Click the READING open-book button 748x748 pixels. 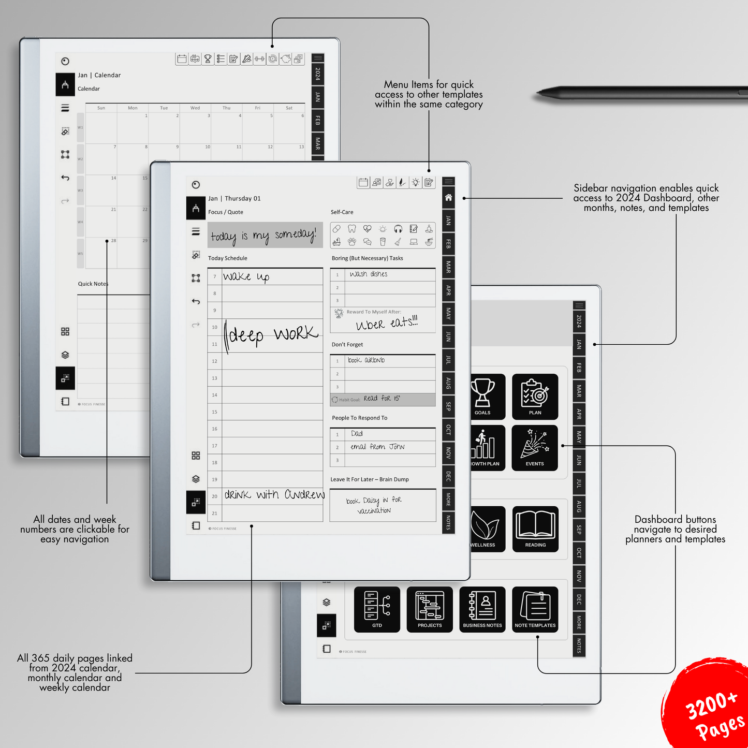(535, 529)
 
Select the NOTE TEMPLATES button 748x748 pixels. (535, 609)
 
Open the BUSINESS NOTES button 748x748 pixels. (482, 609)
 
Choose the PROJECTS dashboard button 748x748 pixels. (430, 609)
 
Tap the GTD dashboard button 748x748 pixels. (377, 609)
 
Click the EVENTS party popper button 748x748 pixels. (535, 448)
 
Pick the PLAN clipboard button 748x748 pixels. (535, 397)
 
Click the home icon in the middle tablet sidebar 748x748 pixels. (449, 197)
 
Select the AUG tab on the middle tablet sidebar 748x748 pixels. (449, 384)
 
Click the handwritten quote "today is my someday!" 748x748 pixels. (264, 236)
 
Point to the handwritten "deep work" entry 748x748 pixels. (272, 335)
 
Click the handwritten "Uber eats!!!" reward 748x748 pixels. (386, 324)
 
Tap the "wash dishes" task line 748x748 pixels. (369, 274)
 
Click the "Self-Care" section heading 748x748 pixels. (342, 212)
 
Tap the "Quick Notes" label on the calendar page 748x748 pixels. (93, 284)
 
